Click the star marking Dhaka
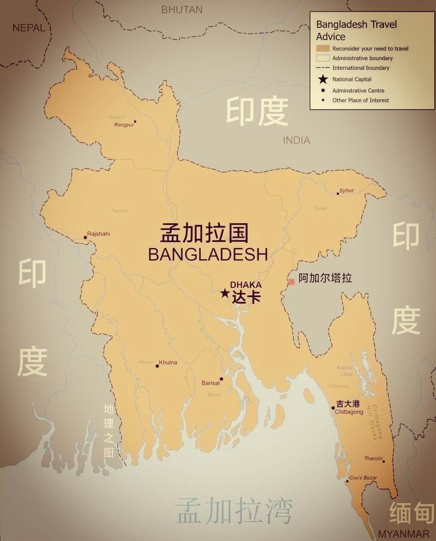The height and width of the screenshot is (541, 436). pyautogui.click(x=225, y=293)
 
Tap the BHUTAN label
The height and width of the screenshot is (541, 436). pyautogui.click(x=182, y=10)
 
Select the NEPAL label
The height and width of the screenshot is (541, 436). pyautogui.click(x=29, y=28)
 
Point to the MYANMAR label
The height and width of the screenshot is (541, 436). pyautogui.click(x=403, y=534)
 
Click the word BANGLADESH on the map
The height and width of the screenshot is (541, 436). pyautogui.click(x=208, y=254)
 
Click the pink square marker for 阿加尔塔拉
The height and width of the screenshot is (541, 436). pyautogui.click(x=291, y=281)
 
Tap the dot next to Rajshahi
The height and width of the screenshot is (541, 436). pyautogui.click(x=85, y=237)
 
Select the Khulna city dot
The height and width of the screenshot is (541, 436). pyautogui.click(x=157, y=366)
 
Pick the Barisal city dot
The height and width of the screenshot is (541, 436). pyautogui.click(x=221, y=379)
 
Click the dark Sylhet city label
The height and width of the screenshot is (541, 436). pyautogui.click(x=346, y=191)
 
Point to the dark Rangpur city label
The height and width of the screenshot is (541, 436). pyautogui.click(x=124, y=125)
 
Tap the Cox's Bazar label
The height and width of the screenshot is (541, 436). pyautogui.click(x=363, y=478)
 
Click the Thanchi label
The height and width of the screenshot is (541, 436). pyautogui.click(x=373, y=458)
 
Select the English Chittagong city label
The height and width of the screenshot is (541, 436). pyautogui.click(x=349, y=412)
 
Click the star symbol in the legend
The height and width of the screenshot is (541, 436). pyautogui.click(x=323, y=79)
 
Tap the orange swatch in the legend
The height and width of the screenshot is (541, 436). pyautogui.click(x=323, y=48)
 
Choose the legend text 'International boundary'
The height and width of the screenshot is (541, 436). pyautogui.click(x=361, y=68)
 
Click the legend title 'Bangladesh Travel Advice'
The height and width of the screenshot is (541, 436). pyautogui.click(x=356, y=30)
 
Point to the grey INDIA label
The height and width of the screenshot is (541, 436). pyautogui.click(x=296, y=140)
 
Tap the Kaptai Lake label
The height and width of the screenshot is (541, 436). pyautogui.click(x=345, y=371)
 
